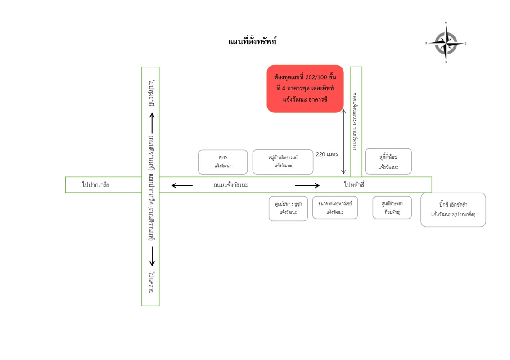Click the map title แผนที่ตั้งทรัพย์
[252, 41]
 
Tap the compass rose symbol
[446, 43]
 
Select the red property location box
[305, 89]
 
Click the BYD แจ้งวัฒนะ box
[223, 162]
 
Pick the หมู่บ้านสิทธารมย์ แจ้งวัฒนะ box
[283, 162]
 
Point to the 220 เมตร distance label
[327, 154]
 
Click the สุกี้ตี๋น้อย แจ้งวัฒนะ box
[388, 162]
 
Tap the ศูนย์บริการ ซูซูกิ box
[288, 208]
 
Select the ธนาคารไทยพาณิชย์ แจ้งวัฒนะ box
[335, 207]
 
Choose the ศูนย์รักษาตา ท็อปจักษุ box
[392, 207]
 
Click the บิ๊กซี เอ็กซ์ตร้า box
[453, 210]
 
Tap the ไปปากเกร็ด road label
[96, 185]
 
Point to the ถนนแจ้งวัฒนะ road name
[231, 185]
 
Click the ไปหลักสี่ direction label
[354, 184]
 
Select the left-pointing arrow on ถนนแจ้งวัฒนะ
[182, 185]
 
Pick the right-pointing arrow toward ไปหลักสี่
[307, 185]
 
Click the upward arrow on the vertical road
[152, 122]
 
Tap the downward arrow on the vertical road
[152, 256]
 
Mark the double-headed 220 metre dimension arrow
[343, 142]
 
